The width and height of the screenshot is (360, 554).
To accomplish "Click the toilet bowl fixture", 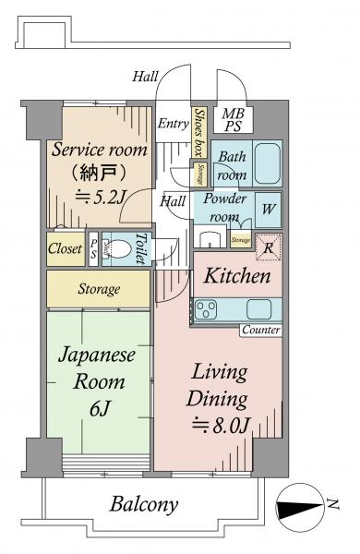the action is tap(116, 249).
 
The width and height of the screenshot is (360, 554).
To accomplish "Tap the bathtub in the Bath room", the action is tap(268, 163).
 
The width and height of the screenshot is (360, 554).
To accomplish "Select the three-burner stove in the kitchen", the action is tap(207, 310).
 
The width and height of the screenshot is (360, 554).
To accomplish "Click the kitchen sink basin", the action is tap(259, 309).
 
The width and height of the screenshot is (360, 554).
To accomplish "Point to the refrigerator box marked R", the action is tap(268, 247).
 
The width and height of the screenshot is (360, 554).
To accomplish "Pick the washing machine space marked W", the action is tap(268, 210).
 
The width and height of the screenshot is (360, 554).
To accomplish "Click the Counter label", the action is tap(261, 330).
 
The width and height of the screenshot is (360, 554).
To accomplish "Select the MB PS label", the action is tap(233, 120).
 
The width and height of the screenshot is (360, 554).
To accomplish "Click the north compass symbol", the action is tap(299, 507).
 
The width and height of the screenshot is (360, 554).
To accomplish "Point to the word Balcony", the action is tap(143, 505).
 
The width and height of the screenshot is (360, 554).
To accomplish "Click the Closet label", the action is tap(65, 248).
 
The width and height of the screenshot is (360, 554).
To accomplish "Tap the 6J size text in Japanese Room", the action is tap(100, 409).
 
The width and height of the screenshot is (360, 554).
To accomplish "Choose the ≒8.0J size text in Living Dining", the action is tap(222, 426).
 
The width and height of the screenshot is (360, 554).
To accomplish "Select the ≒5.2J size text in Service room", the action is tap(100, 197).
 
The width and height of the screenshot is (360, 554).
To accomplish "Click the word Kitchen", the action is tap(237, 275).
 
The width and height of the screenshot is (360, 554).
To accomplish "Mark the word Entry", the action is tap(174, 124).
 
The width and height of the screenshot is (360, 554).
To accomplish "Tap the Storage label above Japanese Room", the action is tap(99, 289).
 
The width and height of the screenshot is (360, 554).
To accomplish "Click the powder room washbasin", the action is tap(210, 239).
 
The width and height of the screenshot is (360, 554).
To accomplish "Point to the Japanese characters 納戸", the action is tap(99, 174).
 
